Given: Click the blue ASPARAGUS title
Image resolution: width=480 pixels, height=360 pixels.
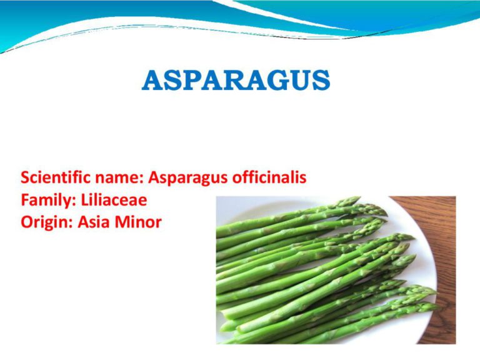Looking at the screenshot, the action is click(236, 80).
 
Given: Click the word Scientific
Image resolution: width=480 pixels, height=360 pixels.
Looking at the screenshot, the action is click(56, 177).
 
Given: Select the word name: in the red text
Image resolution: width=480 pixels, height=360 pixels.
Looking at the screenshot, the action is click(120, 178).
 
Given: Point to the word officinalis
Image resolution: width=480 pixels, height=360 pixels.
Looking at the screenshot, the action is click(269, 177).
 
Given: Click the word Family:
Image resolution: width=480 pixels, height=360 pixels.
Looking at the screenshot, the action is click(48, 201).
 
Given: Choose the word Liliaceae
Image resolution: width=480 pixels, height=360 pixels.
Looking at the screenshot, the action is click(114, 200).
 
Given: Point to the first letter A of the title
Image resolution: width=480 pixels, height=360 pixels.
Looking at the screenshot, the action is click(152, 81).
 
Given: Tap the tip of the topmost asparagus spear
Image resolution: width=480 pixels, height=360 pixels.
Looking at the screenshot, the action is click(359, 198).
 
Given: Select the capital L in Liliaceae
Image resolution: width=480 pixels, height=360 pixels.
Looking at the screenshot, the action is click(84, 201).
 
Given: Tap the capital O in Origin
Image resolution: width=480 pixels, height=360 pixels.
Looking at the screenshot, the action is click(27, 222).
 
